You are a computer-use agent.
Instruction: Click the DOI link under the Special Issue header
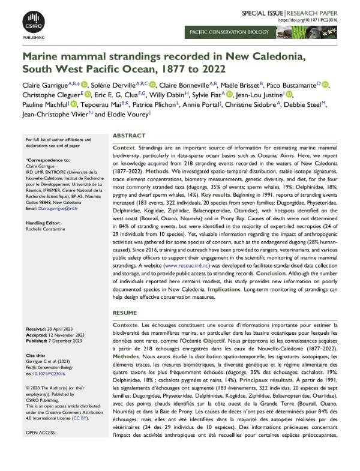tap(316, 20)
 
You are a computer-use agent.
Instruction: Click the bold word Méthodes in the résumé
tap(129, 356)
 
